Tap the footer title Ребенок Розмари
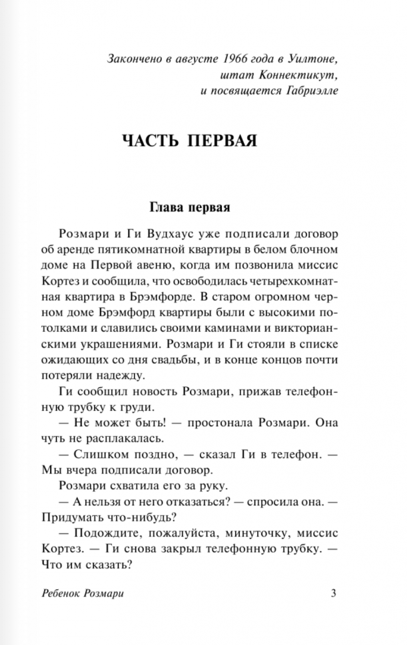[83, 594]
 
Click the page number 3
[333, 594]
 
